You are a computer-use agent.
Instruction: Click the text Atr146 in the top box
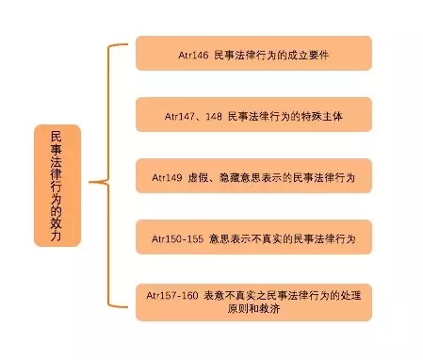click(193, 56)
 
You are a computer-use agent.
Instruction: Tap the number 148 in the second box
click(214, 117)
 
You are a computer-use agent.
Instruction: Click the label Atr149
click(167, 178)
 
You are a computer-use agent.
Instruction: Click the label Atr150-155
click(177, 239)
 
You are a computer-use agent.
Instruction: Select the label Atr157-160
click(172, 296)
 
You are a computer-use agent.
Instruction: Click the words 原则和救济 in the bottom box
click(253, 309)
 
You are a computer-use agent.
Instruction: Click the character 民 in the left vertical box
click(57, 137)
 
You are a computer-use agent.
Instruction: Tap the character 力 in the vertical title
click(57, 236)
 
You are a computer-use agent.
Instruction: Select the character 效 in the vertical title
click(57, 223)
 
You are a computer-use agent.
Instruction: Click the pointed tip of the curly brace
click(89, 182)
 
